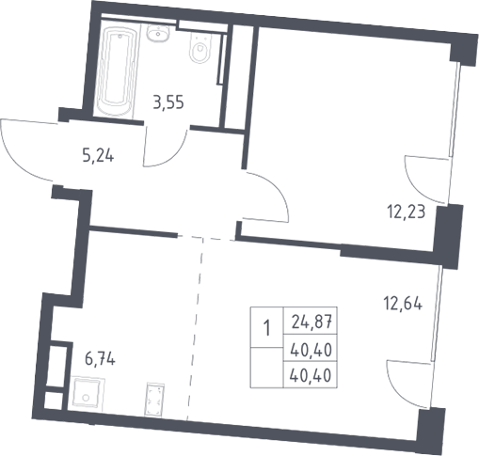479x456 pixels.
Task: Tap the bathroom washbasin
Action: (x=159, y=33)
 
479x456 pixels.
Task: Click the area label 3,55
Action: (x=168, y=102)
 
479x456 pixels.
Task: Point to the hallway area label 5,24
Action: (x=98, y=155)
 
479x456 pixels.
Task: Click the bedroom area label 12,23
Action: (x=407, y=212)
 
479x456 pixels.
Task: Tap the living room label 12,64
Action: (x=403, y=304)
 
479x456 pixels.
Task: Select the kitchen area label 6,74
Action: (x=100, y=358)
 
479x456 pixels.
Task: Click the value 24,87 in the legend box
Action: (x=311, y=322)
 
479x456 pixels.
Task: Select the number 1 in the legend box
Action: (x=267, y=328)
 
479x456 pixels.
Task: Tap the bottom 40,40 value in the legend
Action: (x=311, y=375)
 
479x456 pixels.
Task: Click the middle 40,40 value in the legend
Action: (x=311, y=350)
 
